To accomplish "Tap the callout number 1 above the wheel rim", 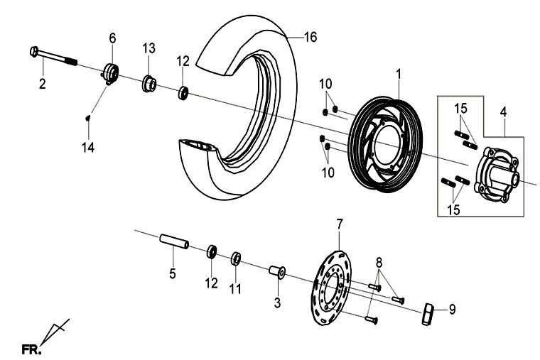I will (x=399, y=73).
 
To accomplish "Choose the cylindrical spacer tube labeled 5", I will (x=173, y=241).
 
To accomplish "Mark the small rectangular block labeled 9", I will (x=428, y=312).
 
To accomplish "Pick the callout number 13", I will (x=148, y=48).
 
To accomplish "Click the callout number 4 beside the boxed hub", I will (x=503, y=111).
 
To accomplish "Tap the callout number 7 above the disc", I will (x=340, y=224).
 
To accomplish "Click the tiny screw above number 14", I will (x=87, y=118).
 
